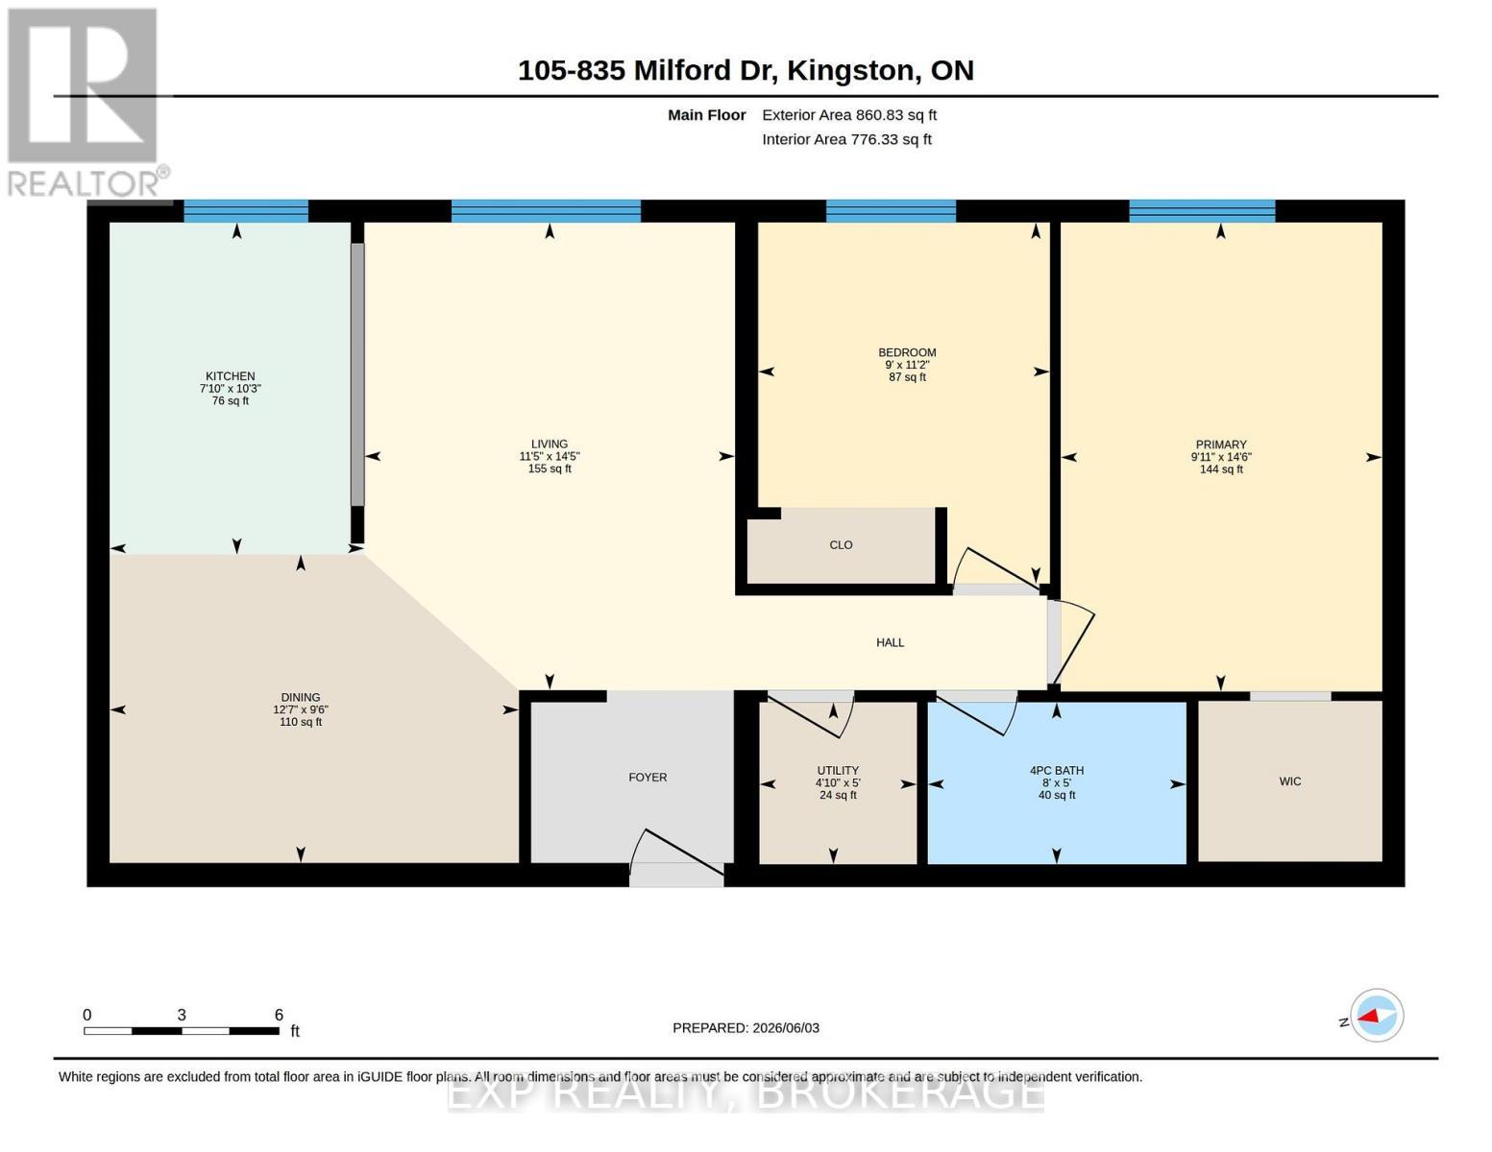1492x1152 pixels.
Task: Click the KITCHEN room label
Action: [x=230, y=376]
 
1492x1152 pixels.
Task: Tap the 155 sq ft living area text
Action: [x=550, y=468]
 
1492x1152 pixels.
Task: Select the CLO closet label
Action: [x=841, y=544]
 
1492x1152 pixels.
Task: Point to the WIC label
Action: [x=1289, y=781]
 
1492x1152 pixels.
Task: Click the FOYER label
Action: [x=648, y=778]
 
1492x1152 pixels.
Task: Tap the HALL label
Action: [x=890, y=643]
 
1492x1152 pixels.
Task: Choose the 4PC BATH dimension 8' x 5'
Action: [x=1056, y=782]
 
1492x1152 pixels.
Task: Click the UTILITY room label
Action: [x=838, y=771]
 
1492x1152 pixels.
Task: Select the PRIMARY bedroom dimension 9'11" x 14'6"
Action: [x=1221, y=457]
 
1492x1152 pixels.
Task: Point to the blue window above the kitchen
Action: [x=246, y=211]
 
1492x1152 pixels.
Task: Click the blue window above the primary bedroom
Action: [x=1202, y=211]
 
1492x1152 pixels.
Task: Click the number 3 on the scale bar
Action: [x=182, y=1015]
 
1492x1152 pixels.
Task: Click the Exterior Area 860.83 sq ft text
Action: [x=849, y=115]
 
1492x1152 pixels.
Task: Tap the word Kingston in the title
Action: [x=850, y=71]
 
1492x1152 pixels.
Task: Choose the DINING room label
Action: [x=300, y=697]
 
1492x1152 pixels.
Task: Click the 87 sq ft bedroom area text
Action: [x=907, y=376]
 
